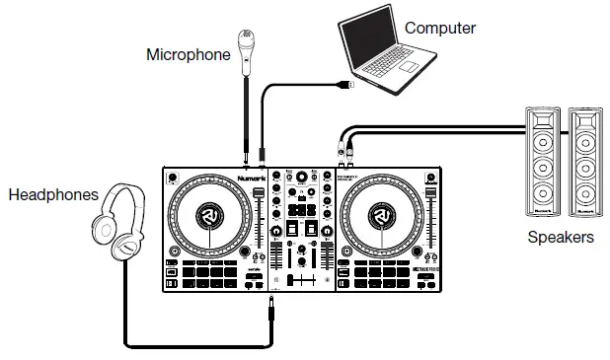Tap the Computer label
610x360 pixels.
point(440,28)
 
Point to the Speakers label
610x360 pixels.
point(561,238)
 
